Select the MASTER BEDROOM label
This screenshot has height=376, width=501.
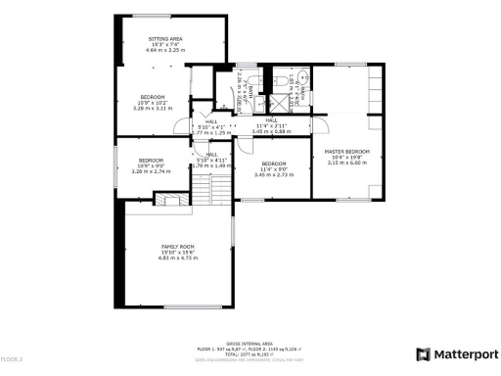(346, 151)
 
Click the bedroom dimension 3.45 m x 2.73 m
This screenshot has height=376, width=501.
(273, 175)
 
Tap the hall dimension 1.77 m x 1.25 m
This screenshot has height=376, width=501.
(210, 131)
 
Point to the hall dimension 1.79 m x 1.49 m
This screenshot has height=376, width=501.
(211, 165)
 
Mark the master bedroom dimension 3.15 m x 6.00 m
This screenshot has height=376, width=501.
(346, 164)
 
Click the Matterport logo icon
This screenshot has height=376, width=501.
(423, 353)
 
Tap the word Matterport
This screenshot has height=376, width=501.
(462, 353)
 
